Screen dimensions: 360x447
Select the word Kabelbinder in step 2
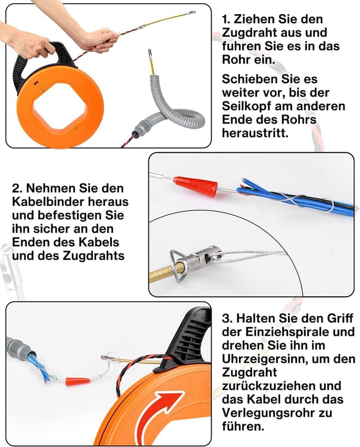(x=46, y=201)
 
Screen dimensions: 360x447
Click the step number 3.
(x=227, y=318)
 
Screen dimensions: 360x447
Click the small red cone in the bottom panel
(x=78, y=381)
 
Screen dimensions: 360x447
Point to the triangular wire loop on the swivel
(x=177, y=266)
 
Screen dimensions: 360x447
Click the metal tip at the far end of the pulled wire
(x=190, y=12)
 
